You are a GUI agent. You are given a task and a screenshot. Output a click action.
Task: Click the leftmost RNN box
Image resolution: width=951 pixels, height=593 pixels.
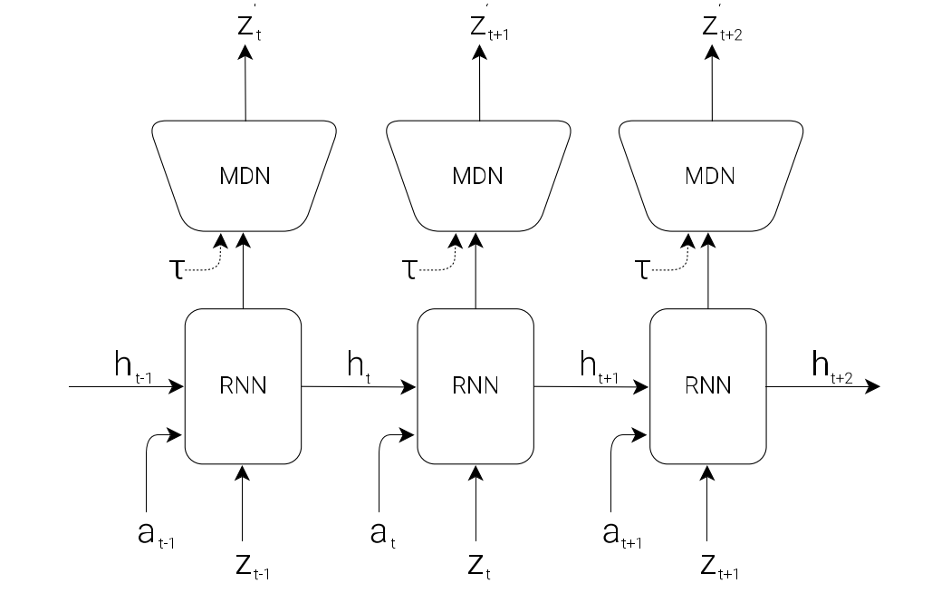pos(243,386)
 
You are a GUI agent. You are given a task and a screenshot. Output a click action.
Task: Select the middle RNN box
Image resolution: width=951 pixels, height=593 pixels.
pos(475,386)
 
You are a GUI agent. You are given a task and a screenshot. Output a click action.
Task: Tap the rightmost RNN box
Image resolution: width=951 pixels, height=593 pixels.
pos(708,386)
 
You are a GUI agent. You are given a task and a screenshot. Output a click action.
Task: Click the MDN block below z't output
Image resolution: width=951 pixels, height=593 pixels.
pos(245,174)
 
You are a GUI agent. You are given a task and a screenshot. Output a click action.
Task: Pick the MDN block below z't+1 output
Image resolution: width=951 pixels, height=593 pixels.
pos(477,174)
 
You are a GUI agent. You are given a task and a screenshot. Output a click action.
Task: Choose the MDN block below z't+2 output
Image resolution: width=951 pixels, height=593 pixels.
pos(709,174)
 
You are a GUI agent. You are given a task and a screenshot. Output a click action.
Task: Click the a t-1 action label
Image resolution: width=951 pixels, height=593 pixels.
pos(154,536)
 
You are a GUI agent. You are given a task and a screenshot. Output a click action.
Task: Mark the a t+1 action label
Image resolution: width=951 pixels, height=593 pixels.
pos(620,536)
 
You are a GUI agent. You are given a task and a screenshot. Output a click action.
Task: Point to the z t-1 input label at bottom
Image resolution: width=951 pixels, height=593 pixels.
pos(252,566)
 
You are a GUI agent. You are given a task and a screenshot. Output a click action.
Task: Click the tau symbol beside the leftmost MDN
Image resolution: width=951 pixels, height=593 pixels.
pos(178,269)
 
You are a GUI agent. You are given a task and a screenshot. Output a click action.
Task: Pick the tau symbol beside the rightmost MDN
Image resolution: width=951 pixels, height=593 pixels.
pos(643,269)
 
